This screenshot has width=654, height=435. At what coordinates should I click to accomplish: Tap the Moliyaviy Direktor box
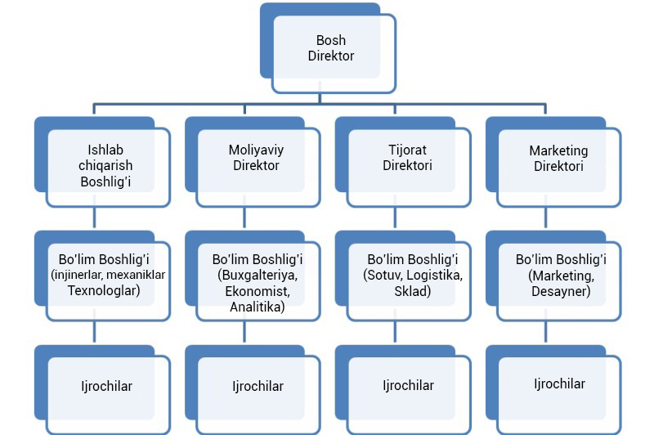pyautogui.click(x=256, y=158)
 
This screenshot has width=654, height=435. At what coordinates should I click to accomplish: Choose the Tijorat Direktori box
pyautogui.click(x=407, y=158)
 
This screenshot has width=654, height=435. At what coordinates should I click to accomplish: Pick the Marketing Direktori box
pyautogui.click(x=558, y=158)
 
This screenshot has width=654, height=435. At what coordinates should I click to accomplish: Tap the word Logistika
pyautogui.click(x=435, y=275)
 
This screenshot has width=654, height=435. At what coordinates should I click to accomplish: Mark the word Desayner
pyautogui.click(x=559, y=290)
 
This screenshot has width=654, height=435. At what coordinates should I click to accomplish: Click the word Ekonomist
pyautogui.click(x=256, y=291)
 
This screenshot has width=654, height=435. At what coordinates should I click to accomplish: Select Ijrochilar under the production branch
pyautogui.click(x=105, y=386)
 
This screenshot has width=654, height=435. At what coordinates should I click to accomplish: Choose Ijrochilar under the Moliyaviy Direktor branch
pyautogui.click(x=258, y=386)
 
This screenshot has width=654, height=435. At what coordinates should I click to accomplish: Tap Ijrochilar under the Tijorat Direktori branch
pyautogui.click(x=408, y=385)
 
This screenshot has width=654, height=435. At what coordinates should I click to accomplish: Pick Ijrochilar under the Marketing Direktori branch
pyautogui.click(x=559, y=384)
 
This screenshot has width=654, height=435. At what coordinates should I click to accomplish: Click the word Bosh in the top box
pyautogui.click(x=331, y=40)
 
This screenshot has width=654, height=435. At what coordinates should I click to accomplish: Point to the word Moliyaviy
pyautogui.click(x=256, y=150)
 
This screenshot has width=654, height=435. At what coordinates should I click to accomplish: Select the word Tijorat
pyautogui.click(x=407, y=150)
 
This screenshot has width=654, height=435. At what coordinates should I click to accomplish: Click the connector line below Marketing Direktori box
pyautogui.click(x=547, y=219)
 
